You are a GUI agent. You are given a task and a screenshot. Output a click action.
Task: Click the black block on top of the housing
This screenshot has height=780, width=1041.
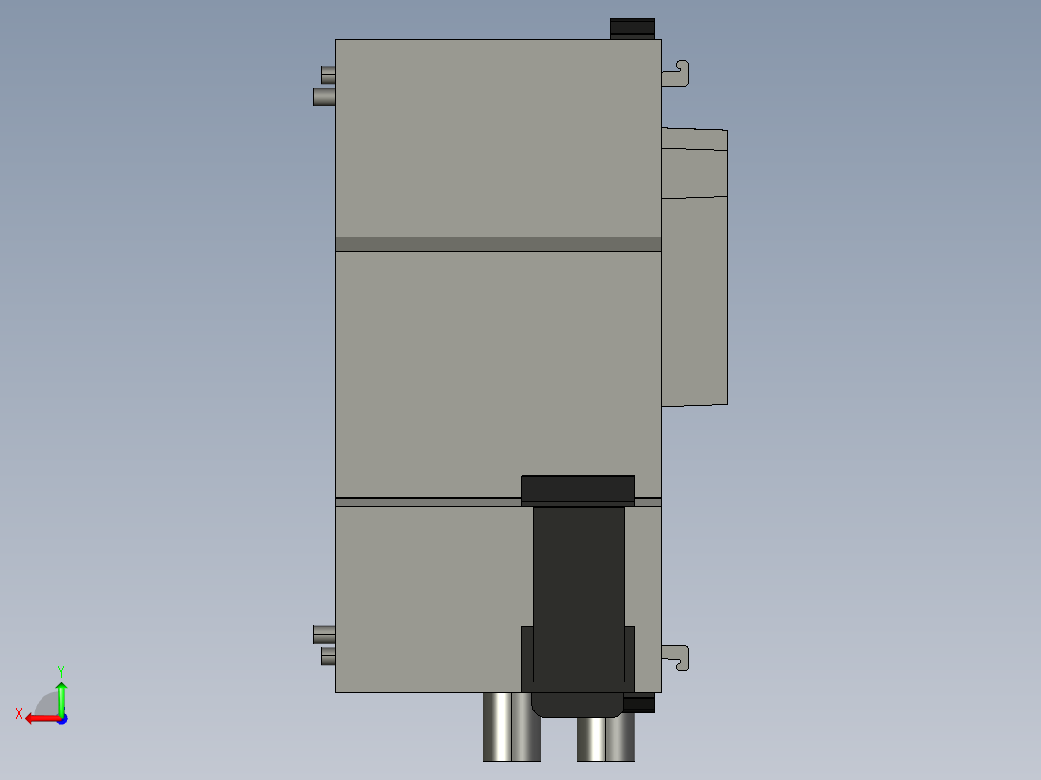(x=633, y=28)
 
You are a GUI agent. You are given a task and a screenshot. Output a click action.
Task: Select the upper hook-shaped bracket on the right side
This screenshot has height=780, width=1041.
(x=679, y=72)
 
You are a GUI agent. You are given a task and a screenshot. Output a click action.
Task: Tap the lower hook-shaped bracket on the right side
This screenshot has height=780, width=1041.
(x=679, y=657)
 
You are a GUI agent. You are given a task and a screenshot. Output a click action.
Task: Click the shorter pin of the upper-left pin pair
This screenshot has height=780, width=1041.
(x=327, y=73)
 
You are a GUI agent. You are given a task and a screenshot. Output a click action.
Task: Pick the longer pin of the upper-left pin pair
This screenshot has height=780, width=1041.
(x=324, y=97)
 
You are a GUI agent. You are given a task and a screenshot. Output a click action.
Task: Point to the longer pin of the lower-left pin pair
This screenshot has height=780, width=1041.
(x=324, y=634)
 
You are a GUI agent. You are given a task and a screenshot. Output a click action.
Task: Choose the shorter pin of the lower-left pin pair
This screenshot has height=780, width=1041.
(x=327, y=656)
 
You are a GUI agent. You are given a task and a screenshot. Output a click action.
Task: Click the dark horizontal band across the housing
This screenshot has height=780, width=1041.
(x=498, y=244)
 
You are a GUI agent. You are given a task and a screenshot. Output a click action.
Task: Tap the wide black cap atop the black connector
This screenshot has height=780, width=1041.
(x=577, y=488)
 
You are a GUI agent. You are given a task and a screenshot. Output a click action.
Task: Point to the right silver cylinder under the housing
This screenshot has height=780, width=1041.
(x=605, y=738)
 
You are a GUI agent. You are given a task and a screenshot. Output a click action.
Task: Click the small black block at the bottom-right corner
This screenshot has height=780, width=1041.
(x=639, y=705)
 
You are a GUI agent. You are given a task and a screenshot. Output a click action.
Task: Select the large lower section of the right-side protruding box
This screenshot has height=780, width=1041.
(x=694, y=299)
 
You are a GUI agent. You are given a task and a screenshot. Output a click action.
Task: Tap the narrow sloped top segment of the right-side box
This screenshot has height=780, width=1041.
(x=694, y=139)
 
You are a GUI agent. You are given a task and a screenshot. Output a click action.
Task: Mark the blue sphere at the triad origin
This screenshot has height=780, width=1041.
(x=61, y=718)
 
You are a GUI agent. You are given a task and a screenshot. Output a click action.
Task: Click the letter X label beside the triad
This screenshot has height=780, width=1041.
(x=19, y=713)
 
